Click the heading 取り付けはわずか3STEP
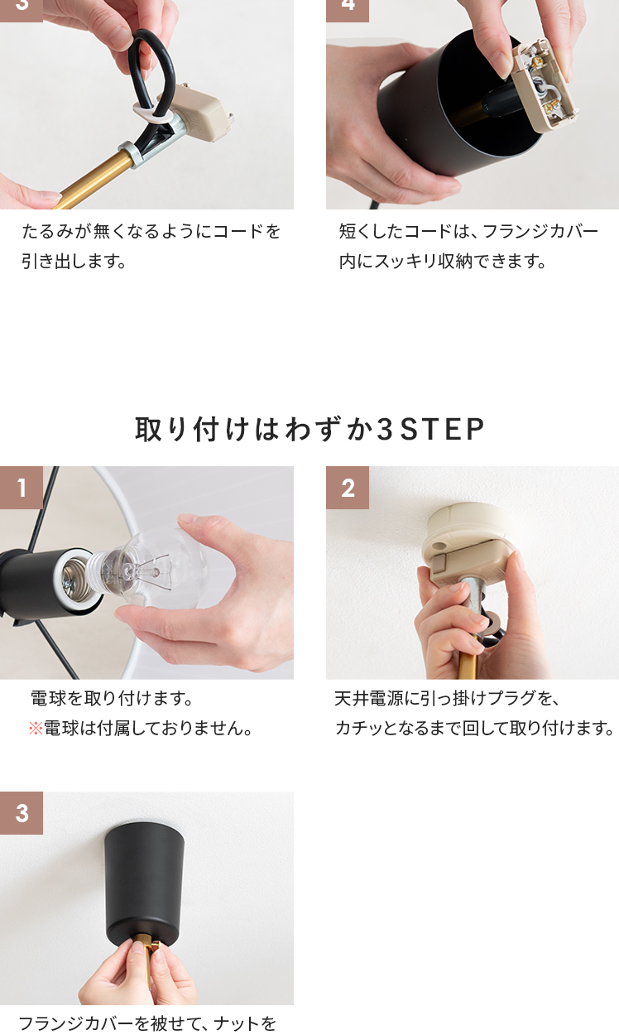[x=309, y=429]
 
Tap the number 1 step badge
[x=22, y=488]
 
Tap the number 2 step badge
[x=348, y=488]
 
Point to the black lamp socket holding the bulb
[x=50, y=580]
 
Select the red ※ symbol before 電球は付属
[x=36, y=729]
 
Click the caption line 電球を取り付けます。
[x=112, y=699]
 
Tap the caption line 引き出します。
[x=74, y=262]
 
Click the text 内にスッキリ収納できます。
[x=443, y=262]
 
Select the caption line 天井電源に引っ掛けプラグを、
[x=447, y=699]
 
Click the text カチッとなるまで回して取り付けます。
[x=474, y=728]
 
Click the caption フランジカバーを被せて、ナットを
[x=147, y=1023]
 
